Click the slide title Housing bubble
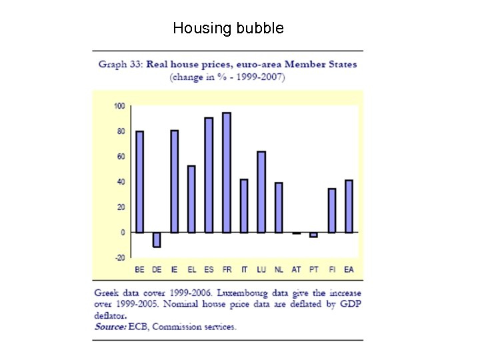pos(228,28)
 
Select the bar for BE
pos(139,181)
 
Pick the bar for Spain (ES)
pos(209,175)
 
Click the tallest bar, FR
pos(226,172)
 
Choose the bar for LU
pos(261,192)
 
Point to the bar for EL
pos(191,199)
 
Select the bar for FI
pos(331,210)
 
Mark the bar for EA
pos(349,206)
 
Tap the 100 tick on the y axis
pos(119,106)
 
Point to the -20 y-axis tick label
pos(119,257)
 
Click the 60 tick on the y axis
pos(121,157)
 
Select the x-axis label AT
pos(296,270)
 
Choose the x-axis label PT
pos(313,270)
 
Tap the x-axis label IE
pos(174,270)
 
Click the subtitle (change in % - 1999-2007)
pos(227,77)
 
